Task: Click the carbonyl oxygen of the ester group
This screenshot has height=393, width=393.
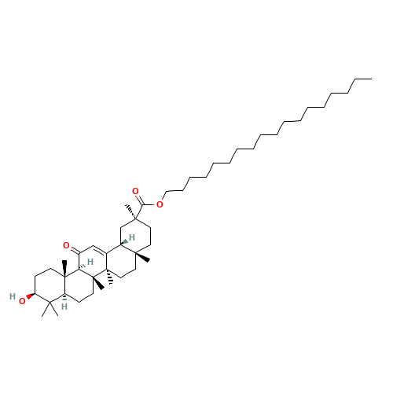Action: (x=135, y=191)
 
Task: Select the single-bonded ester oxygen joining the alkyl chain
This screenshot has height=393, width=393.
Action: (x=160, y=204)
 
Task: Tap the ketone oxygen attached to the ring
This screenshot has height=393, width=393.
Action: (x=66, y=245)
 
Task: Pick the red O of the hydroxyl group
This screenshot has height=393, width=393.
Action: (x=22, y=301)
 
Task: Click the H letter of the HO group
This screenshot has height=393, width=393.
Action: (x=13, y=296)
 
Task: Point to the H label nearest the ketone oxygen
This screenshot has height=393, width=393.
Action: (x=90, y=262)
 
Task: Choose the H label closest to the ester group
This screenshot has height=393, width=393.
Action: (x=132, y=237)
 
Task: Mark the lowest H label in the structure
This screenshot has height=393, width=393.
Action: (x=64, y=307)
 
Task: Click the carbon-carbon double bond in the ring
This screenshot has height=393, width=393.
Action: (x=100, y=249)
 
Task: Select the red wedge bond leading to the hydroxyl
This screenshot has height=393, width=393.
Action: (x=31, y=296)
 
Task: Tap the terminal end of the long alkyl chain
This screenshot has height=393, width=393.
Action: (x=372, y=79)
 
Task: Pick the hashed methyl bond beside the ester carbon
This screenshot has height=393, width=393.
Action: (x=131, y=211)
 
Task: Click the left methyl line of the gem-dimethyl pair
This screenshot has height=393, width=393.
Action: (x=46, y=310)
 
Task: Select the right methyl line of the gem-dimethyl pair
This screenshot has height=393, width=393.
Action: (x=54, y=309)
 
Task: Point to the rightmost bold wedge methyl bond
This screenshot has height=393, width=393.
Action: (x=143, y=257)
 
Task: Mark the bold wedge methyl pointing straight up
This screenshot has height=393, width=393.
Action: (x=64, y=268)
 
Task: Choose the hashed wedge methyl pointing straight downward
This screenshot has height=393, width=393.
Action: (x=109, y=277)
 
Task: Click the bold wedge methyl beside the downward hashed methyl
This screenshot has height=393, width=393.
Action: (x=99, y=283)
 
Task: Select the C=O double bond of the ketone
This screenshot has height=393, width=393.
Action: (x=75, y=250)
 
